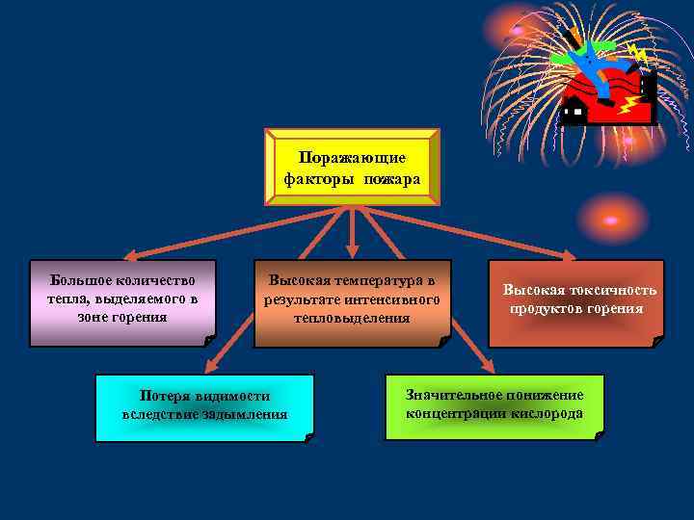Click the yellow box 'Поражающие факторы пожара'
click(352, 168)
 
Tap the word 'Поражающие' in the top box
click(352, 157)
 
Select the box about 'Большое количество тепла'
click(121, 302)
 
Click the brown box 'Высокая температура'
click(352, 302)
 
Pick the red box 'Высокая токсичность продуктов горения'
click(576, 302)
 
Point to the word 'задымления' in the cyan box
click(245, 415)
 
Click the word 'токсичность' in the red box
click(614, 290)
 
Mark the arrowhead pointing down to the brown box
click(352, 252)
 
